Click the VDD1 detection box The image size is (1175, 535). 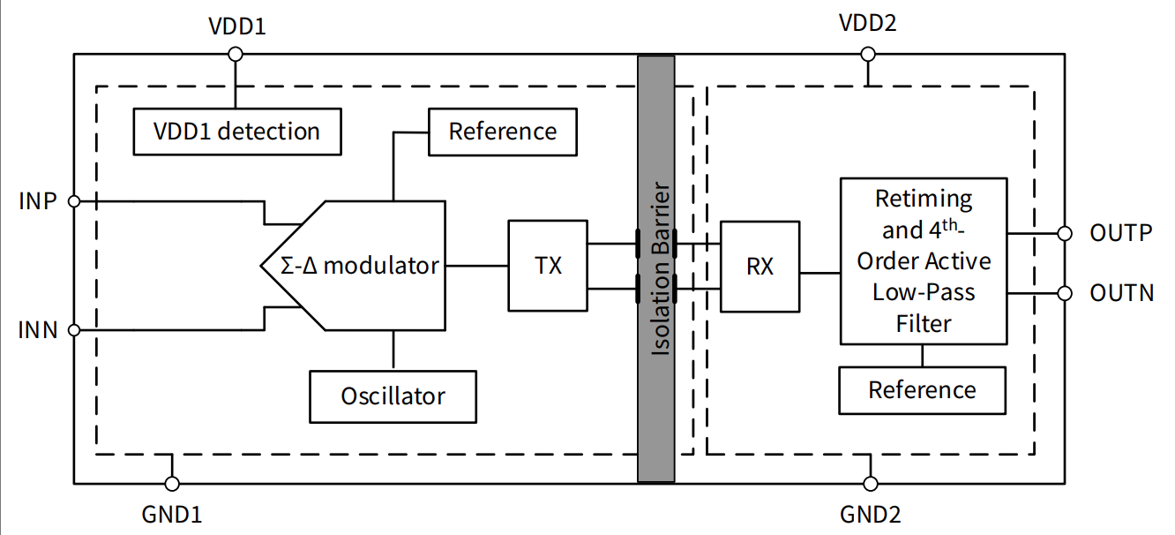[236, 132]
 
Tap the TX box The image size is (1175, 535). [548, 265]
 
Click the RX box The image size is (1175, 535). [760, 266]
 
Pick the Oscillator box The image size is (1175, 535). [393, 396]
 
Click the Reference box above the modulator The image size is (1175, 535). [502, 132]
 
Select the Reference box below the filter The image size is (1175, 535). [922, 390]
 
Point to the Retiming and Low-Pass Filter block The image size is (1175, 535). [923, 261]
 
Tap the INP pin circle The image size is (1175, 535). [74, 201]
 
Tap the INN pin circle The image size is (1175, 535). [74, 331]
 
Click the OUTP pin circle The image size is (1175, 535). [1065, 233]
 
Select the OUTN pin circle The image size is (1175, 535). [1065, 292]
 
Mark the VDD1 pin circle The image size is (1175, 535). [235, 54]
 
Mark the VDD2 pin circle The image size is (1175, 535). [868, 54]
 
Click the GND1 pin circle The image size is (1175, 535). [172, 484]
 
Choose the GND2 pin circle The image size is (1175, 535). [871, 484]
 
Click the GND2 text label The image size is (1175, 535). [870, 515]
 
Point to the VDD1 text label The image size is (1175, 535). [236, 26]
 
